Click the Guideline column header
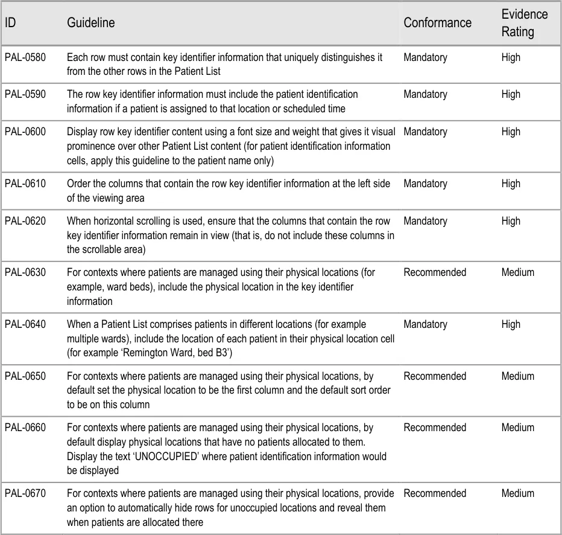pos(90,23)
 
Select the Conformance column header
pos(437,23)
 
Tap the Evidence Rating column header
pos(524,23)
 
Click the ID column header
pos(10,23)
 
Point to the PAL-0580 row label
pos(25,57)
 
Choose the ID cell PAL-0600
pos(25,132)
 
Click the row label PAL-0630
pos(25,272)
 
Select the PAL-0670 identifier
pos(25,493)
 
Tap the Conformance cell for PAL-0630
pos(435,272)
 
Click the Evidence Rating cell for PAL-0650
pos(517,376)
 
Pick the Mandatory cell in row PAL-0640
pos(425,324)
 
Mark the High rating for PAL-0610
pos(510,184)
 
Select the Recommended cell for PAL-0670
pos(435,493)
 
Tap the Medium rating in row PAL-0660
pos(517,428)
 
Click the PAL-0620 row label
pos(25,221)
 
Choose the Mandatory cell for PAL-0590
pos(425,94)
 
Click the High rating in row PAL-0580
pos(510,57)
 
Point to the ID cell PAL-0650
pos(25,376)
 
